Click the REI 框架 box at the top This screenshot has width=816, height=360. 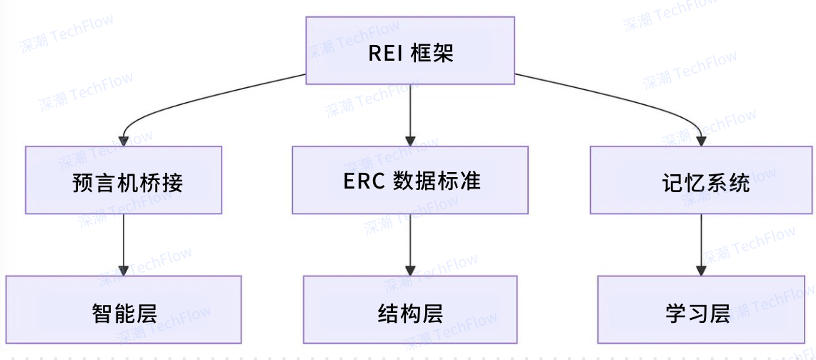point(410,50)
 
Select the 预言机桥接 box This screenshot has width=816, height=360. point(124,180)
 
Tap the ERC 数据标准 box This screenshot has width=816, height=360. point(410,180)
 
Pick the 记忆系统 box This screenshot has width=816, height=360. point(701,180)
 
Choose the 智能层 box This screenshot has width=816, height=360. point(124,309)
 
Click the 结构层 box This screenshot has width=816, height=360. point(410,309)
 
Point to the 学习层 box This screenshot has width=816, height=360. point(701,309)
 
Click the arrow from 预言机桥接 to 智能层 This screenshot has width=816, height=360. point(124,243)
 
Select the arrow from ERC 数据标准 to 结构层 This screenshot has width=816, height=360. point(410,243)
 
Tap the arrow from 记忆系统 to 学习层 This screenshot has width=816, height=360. point(701,243)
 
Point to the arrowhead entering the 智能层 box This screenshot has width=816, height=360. point(124,269)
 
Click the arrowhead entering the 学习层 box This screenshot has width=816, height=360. point(701,269)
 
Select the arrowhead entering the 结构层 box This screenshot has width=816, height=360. point(410,269)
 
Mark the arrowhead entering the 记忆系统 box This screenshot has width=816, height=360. point(701,140)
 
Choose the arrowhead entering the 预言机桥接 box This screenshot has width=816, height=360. point(124,140)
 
